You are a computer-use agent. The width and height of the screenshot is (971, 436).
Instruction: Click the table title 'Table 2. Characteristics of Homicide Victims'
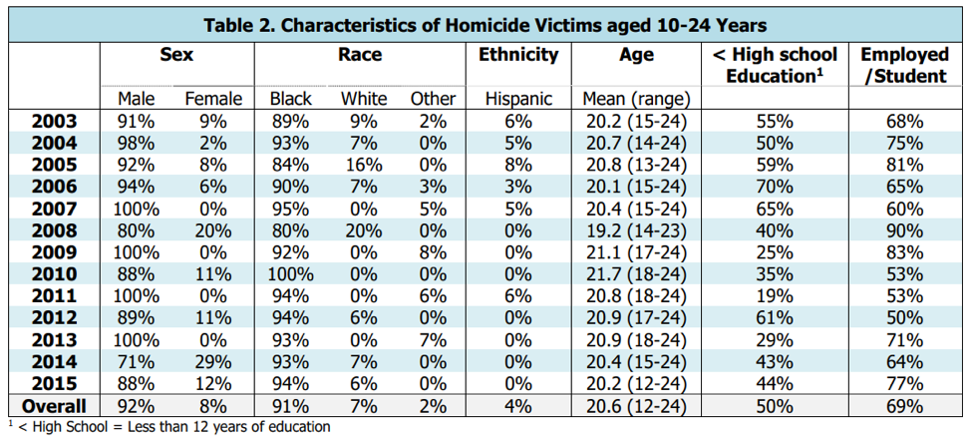(485, 25)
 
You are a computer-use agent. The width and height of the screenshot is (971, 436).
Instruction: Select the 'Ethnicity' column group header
(517, 56)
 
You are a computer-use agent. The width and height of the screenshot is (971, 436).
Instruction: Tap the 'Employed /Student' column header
(903, 66)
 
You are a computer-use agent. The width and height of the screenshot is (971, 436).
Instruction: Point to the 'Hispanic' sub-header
(517, 99)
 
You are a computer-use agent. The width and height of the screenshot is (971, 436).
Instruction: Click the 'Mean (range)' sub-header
(636, 99)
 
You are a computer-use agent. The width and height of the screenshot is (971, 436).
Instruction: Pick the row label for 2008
(54, 227)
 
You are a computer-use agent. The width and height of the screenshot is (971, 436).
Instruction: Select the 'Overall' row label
(54, 406)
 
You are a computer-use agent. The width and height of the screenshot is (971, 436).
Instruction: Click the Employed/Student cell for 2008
(903, 227)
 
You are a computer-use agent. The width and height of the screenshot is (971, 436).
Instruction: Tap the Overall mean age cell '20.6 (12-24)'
(636, 406)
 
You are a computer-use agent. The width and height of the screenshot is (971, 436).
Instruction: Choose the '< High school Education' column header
(774, 66)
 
